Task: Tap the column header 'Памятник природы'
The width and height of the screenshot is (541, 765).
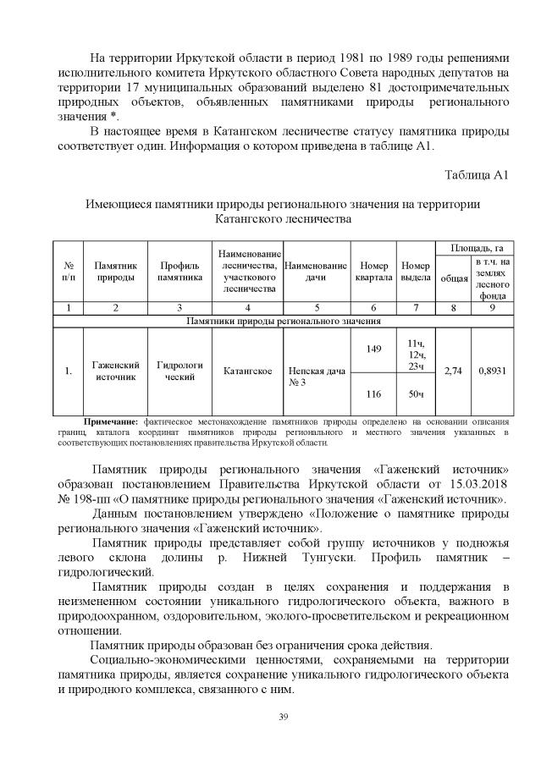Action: pos(115,270)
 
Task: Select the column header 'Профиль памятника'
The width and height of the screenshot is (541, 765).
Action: pos(179,270)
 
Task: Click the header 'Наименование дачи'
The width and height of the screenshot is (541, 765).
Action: pos(317,270)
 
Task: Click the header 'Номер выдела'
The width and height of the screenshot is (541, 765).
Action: pos(416,270)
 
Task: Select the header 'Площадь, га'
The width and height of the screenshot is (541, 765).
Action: pos(476,247)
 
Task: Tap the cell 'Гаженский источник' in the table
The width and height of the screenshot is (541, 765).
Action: pos(115,371)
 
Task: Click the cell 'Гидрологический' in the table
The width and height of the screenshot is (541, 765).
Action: pos(179,371)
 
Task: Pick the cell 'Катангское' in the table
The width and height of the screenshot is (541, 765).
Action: pos(247,371)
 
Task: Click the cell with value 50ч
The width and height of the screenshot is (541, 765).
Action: pos(416,394)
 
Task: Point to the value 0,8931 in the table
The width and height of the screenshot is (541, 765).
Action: pos(494,371)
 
